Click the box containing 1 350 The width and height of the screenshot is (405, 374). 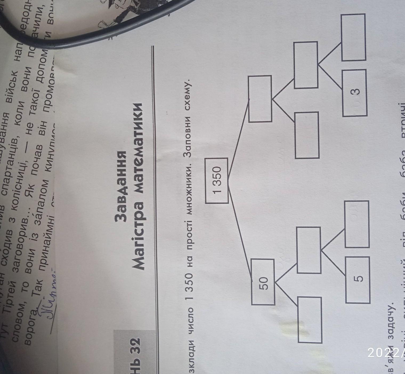click(217, 181)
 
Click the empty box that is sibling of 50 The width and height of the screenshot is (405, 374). click(260, 99)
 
